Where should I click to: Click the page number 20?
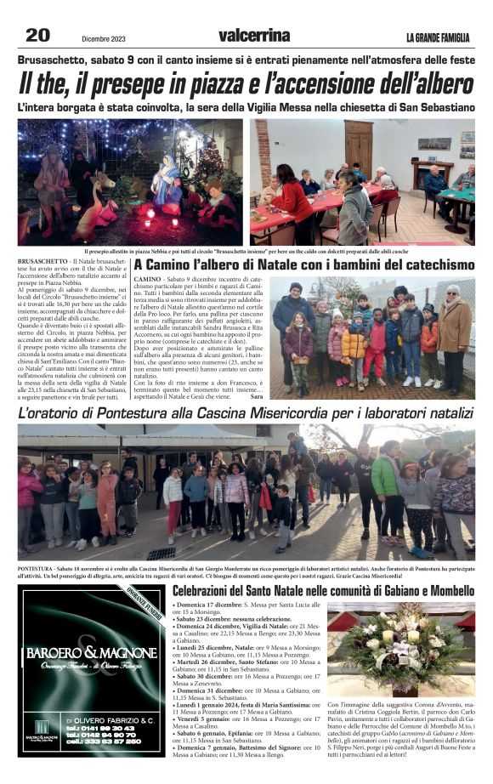pos(37,35)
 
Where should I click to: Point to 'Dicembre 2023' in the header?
pos(103,37)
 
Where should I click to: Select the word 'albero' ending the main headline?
pos(439,83)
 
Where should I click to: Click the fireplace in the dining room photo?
pos(433,173)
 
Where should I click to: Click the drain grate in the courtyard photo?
pos(161,554)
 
